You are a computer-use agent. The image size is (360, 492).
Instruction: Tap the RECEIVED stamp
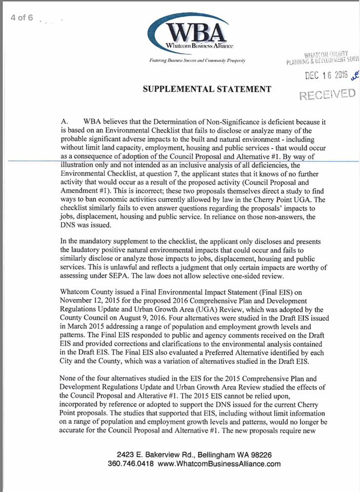[x=327, y=94]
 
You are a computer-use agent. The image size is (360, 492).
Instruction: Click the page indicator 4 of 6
[x=22, y=17]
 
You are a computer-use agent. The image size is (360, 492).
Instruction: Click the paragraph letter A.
[x=64, y=122]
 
